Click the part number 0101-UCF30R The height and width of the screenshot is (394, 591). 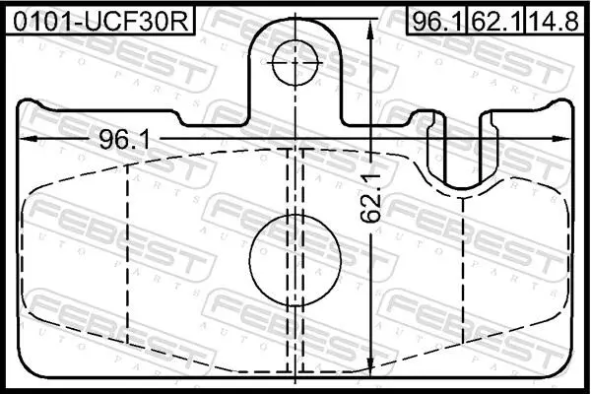coord(100,21)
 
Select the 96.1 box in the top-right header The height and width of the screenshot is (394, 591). coord(436,21)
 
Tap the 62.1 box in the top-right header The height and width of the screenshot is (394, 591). coord(496,21)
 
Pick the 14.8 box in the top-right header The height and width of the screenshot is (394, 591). coord(554,21)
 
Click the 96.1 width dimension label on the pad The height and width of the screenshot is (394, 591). coord(124,140)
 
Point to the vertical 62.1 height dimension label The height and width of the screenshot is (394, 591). coord(370,198)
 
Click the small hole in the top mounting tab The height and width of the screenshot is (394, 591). coord(295,63)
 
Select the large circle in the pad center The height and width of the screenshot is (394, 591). coord(295,260)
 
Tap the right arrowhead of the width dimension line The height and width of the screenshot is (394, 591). coord(562,139)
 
